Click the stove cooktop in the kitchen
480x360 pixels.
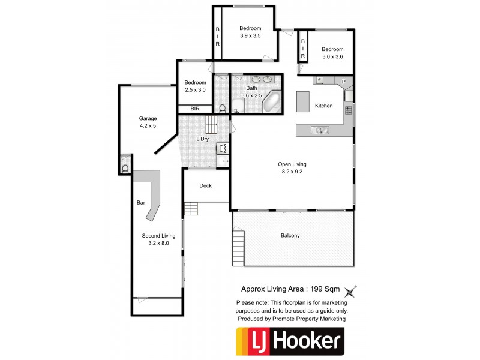tap(347, 110)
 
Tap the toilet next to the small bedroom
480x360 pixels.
tap(223, 109)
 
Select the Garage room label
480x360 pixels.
tap(148, 118)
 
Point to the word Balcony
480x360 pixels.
tap(290, 235)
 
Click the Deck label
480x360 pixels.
tap(205, 185)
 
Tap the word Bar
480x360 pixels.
tap(141, 203)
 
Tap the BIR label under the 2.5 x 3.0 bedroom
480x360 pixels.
tap(195, 109)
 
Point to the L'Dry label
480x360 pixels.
tap(203, 139)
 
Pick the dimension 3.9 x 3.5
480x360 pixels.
tap(250, 36)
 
